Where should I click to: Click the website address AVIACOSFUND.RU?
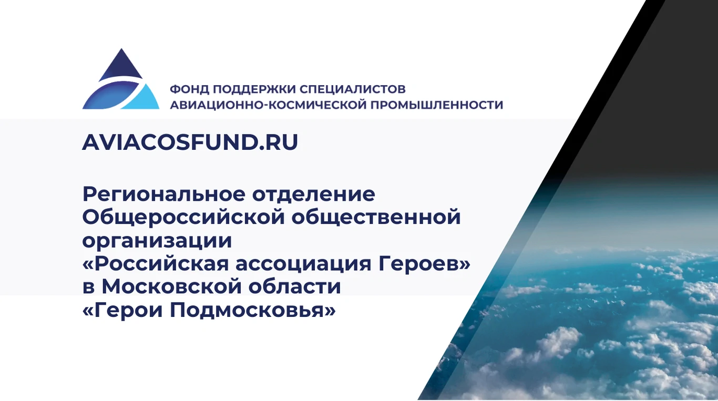pyautogui.click(x=190, y=142)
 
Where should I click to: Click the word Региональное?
pyautogui.click(x=164, y=194)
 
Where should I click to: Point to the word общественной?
pyautogui.click(x=376, y=217)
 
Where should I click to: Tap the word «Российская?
pyautogui.click(x=156, y=263)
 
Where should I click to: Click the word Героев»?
pyautogui.click(x=424, y=263)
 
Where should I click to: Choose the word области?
pyautogui.click(x=294, y=286)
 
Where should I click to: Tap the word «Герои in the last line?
pyautogui.click(x=122, y=310)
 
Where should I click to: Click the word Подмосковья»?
pyautogui.click(x=253, y=310)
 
